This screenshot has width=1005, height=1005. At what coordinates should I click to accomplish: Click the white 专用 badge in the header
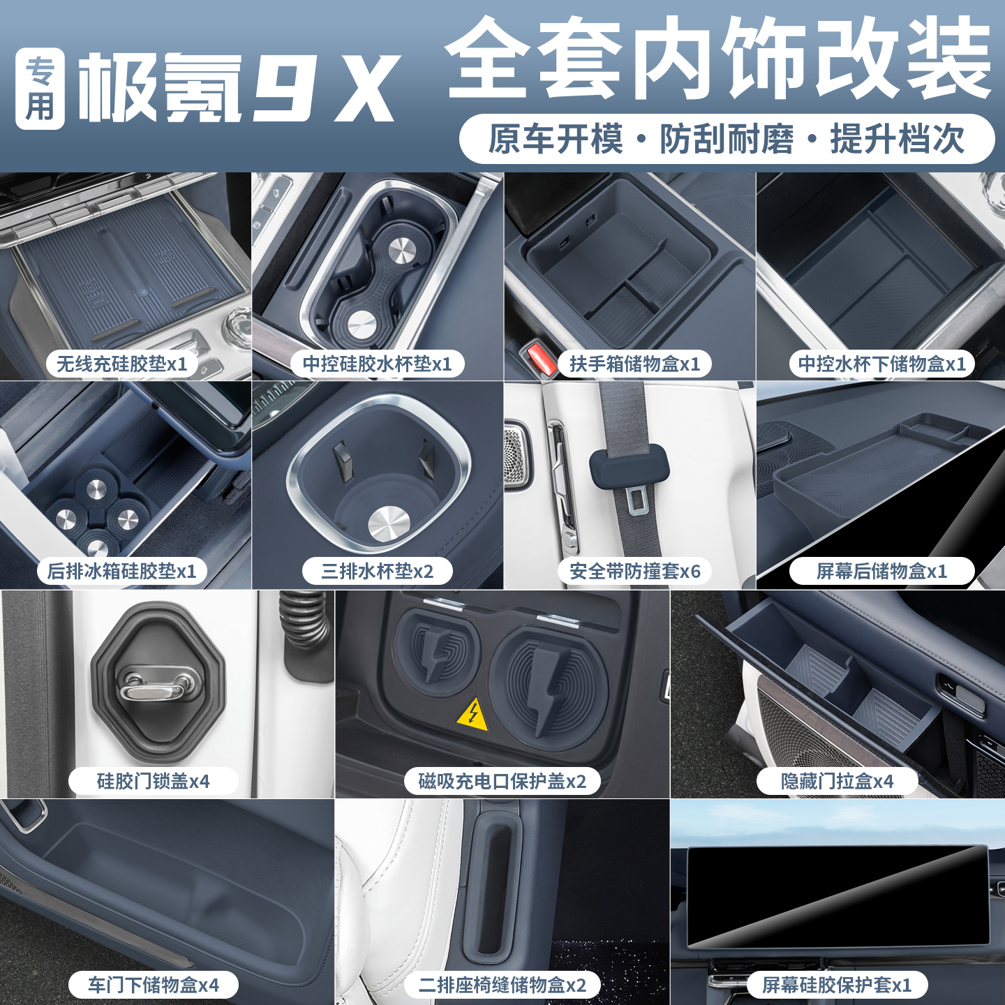click(40, 89)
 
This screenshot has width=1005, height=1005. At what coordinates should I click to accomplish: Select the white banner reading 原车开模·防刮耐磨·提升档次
click(727, 139)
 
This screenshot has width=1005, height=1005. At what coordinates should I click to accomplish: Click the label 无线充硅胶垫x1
click(122, 364)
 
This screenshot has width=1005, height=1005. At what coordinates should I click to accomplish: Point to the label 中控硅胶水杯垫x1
click(377, 364)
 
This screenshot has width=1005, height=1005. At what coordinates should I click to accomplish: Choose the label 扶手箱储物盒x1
click(634, 364)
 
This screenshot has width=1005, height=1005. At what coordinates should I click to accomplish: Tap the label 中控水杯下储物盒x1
click(881, 364)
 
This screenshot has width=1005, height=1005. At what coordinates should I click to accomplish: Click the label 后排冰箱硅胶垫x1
click(122, 571)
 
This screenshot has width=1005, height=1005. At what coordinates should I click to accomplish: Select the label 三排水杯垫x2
click(377, 571)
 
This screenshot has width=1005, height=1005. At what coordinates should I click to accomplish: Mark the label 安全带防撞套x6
click(634, 571)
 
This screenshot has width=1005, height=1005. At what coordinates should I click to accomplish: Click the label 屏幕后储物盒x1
click(881, 571)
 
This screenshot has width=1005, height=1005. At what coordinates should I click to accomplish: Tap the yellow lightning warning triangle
click(472, 715)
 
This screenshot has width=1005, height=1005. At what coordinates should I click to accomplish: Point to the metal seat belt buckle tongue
click(636, 500)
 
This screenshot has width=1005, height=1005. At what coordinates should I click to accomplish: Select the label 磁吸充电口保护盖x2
click(502, 781)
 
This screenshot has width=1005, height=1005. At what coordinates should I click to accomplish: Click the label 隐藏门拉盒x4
click(837, 781)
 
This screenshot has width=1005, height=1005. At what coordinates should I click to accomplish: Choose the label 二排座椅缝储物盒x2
click(502, 985)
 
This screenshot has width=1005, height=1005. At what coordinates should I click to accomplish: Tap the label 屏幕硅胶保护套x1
click(837, 985)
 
